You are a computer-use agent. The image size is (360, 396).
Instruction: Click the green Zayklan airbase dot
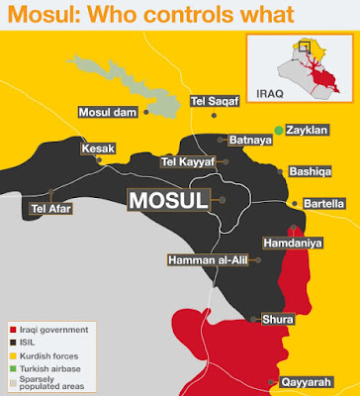coord(280,130)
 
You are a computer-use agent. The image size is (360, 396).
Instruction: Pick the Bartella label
coord(318,203)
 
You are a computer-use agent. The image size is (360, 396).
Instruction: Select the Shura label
coord(276,319)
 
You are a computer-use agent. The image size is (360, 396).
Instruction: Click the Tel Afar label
coord(49,209)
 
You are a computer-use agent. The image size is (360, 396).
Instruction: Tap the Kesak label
coord(100,148)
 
